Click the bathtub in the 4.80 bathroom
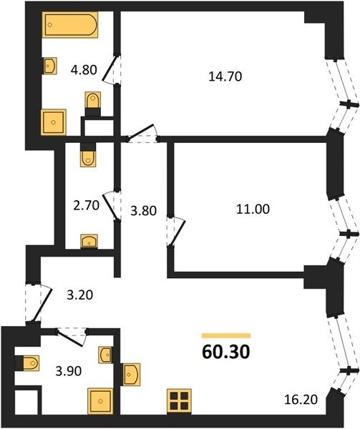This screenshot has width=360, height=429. [70, 24]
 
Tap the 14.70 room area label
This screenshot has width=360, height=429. [225, 77]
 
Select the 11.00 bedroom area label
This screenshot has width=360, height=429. [253, 209]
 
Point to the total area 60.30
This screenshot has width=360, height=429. [226, 352]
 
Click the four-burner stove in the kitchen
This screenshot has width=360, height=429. [180, 401]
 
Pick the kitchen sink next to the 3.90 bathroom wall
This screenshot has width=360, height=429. [131, 374]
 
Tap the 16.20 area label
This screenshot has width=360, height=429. [301, 400]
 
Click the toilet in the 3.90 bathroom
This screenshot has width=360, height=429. [27, 363]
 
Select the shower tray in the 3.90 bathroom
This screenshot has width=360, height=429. [100, 401]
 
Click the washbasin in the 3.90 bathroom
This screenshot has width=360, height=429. [105, 355]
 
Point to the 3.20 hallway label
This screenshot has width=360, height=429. [80, 295]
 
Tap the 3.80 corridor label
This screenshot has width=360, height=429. [143, 211]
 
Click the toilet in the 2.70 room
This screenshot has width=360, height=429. [89, 154]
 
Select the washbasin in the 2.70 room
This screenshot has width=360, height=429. [89, 242]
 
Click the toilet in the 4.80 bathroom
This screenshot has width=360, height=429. [93, 104]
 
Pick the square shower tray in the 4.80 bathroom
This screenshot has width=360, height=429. [54, 122]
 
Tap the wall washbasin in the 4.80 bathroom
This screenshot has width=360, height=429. [50, 66]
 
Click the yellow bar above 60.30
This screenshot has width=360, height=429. [226, 336]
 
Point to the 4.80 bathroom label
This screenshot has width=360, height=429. [84, 70]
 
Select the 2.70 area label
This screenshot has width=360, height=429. [86, 205]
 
